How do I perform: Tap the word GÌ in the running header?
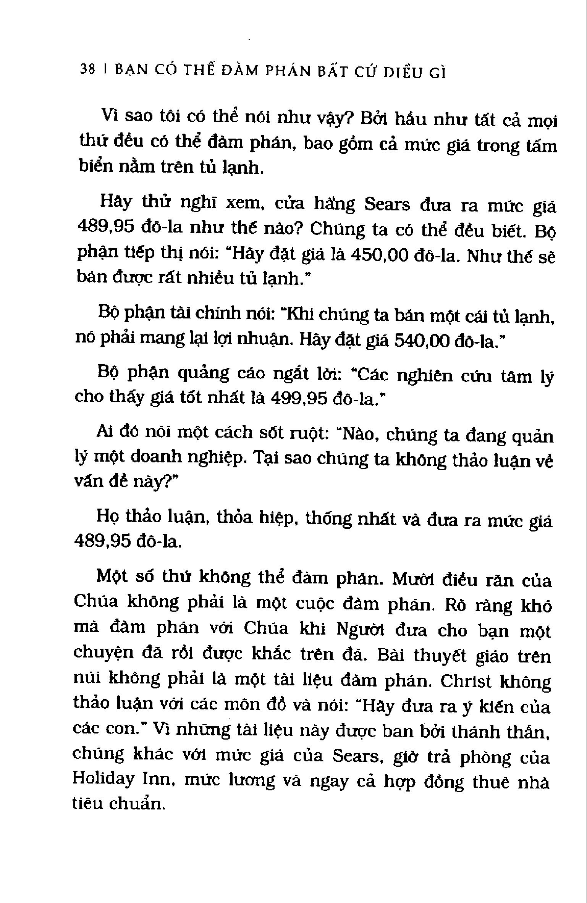[437, 73]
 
